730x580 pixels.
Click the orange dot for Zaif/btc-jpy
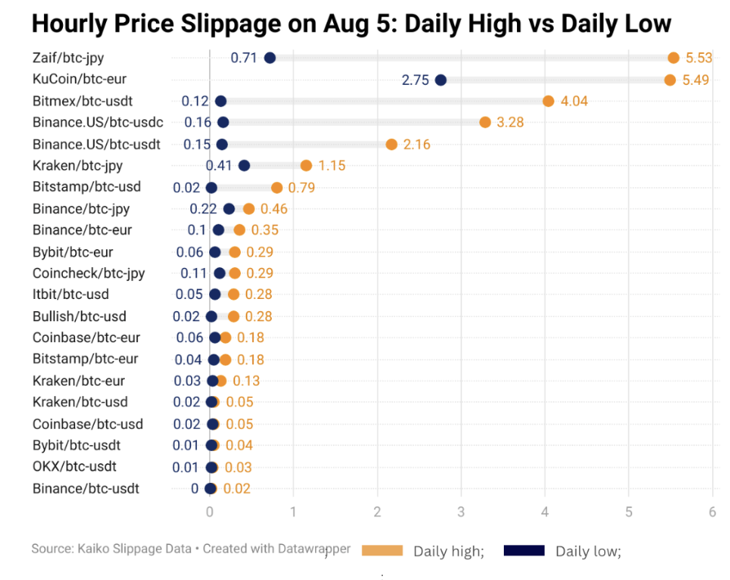[674, 58]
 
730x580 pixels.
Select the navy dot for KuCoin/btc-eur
[441, 80]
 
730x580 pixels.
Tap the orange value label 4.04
[574, 101]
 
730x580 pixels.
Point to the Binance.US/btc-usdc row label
[98, 123]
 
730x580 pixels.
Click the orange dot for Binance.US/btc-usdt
[391, 145]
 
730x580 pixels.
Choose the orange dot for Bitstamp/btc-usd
[277, 188]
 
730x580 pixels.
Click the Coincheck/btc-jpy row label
[89, 273]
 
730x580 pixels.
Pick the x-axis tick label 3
[461, 512]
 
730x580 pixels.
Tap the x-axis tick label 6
[712, 512]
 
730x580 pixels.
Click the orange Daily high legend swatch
[382, 551]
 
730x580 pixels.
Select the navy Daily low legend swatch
[524, 551]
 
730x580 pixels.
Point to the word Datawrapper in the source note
[314, 549]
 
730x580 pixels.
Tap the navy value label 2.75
[416, 80]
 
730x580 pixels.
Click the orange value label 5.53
[700, 58]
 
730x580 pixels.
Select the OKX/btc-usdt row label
[74, 466]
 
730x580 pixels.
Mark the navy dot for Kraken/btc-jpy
[243, 166]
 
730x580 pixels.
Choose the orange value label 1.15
[332, 166]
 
